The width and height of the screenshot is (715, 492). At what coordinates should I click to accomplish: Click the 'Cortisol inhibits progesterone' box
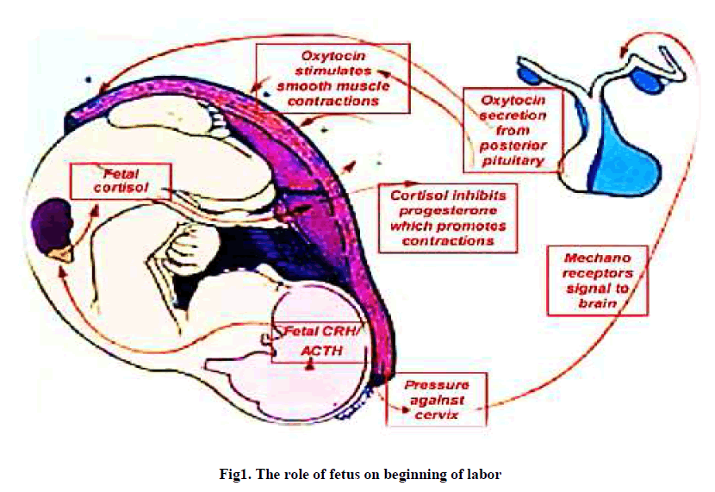448,217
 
